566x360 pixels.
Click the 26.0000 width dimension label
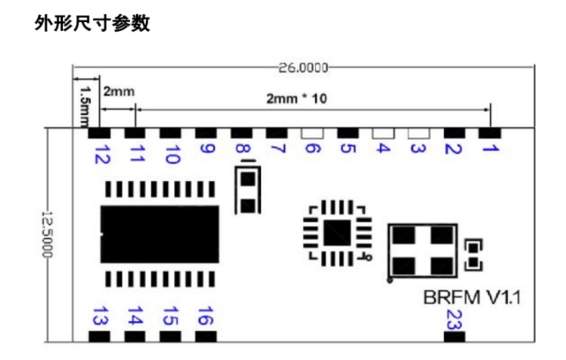click(303, 67)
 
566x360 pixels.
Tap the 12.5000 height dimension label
click(47, 234)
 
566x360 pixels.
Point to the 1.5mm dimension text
click(86, 106)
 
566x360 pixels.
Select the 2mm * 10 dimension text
click(296, 98)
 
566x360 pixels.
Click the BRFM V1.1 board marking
click(472, 298)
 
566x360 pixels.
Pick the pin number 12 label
click(102, 154)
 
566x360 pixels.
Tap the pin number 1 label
click(491, 148)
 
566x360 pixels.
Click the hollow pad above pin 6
click(312, 134)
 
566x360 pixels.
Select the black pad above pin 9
click(206, 134)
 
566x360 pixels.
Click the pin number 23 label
click(454, 320)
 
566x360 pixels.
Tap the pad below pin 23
click(455, 337)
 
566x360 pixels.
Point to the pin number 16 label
click(206, 316)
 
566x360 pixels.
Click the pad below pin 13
click(99, 337)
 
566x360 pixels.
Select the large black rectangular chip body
click(159, 234)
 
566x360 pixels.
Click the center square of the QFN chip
click(337, 234)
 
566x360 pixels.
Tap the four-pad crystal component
click(423, 250)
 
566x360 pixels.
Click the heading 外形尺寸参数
click(92, 24)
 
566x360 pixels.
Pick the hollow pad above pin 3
click(418, 134)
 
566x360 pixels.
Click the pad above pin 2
click(455, 134)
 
